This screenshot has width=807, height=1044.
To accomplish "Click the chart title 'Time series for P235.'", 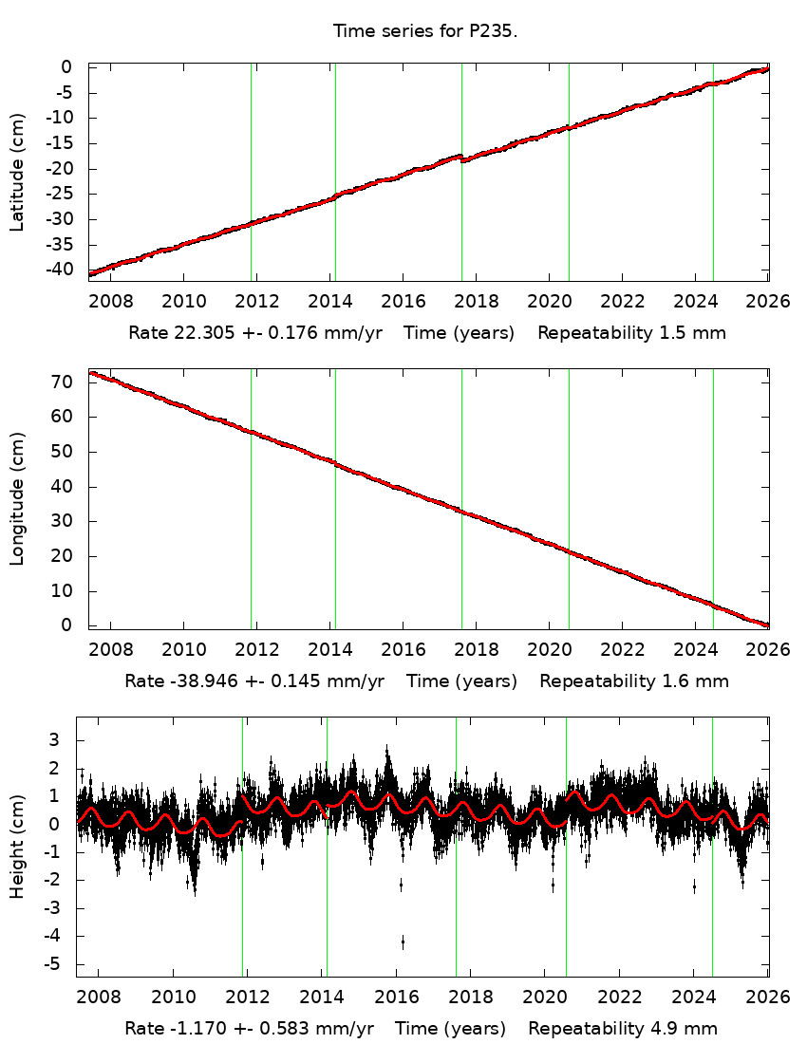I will click(x=424, y=31).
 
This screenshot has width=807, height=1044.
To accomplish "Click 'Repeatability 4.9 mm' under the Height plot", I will click(x=623, y=1028).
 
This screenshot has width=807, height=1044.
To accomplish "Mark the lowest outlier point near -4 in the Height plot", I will click(x=403, y=942).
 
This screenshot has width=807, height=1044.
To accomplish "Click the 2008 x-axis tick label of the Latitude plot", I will click(x=111, y=301).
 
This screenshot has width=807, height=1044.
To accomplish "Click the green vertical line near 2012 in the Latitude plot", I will click(x=251, y=171).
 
